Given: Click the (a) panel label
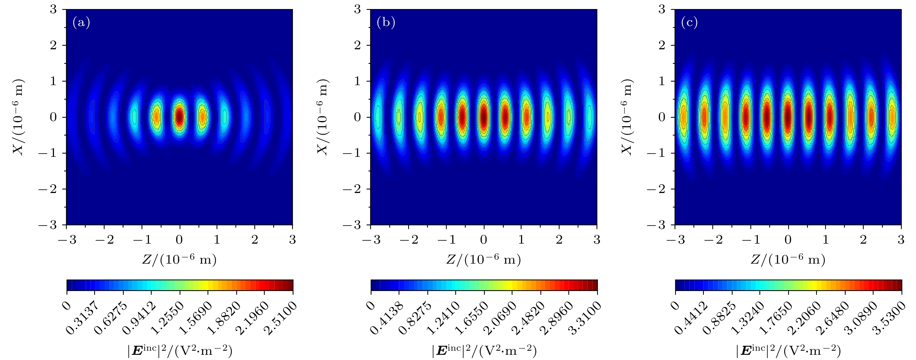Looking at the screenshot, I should [81, 23].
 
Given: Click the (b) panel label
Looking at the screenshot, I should [386, 23].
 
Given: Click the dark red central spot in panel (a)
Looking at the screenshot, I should [180, 116].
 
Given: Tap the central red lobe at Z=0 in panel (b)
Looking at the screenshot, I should [484, 116].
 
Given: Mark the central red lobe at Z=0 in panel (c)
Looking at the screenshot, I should [788, 116].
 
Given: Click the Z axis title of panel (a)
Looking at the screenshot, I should [179, 260].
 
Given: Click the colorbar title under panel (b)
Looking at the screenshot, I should [484, 351].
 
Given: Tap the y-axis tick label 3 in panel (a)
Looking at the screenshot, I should [53, 10].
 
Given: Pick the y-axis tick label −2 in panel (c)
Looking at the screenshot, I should [655, 189].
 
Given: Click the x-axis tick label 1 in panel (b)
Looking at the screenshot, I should [521, 240].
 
